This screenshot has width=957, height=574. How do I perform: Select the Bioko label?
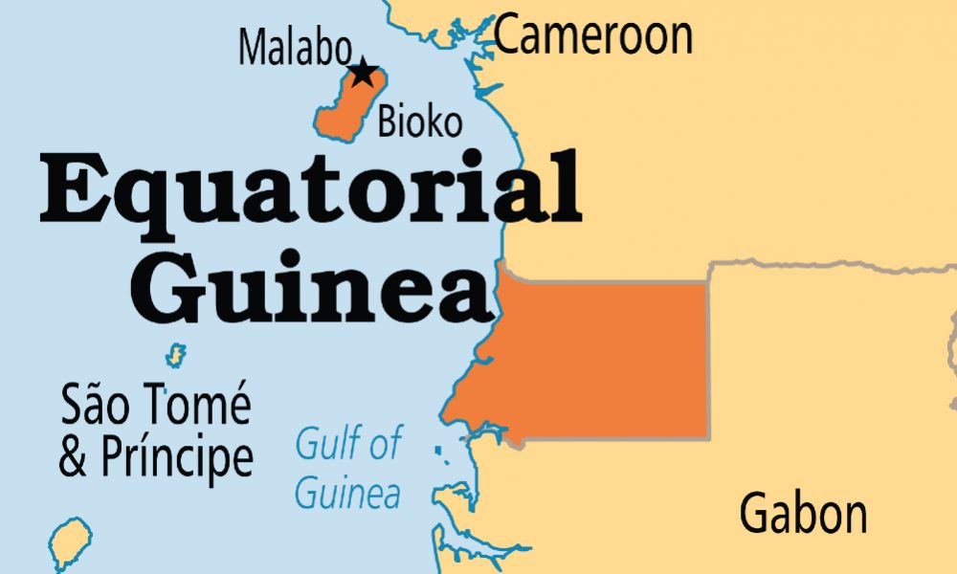[x=420, y=121]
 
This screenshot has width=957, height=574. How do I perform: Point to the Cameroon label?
[x=593, y=35]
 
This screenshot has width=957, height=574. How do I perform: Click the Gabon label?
[x=803, y=514]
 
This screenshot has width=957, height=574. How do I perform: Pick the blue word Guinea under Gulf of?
[x=346, y=495]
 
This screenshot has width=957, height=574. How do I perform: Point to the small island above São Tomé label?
[x=175, y=356]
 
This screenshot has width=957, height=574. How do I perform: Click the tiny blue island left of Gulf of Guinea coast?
[x=438, y=450]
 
